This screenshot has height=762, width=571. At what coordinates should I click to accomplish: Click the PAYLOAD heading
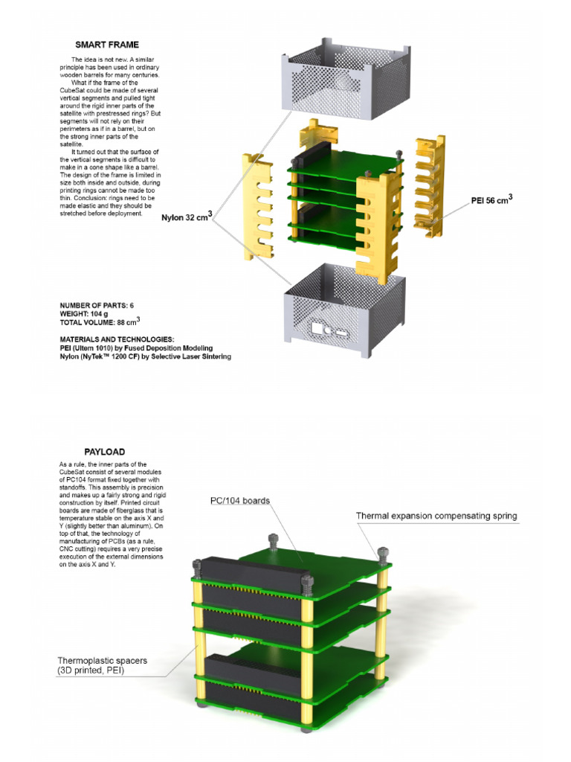(x=104, y=452)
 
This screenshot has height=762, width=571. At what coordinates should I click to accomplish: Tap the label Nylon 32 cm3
(x=187, y=218)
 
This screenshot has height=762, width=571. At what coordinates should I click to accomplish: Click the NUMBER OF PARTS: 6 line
(x=97, y=306)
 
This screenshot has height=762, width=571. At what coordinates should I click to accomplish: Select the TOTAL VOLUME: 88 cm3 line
(x=100, y=322)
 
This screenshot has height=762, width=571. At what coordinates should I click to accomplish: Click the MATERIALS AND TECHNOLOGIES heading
(x=117, y=339)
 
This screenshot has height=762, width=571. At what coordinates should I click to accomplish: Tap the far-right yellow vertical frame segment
(x=430, y=186)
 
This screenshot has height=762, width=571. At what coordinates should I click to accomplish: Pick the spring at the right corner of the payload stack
(x=383, y=554)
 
